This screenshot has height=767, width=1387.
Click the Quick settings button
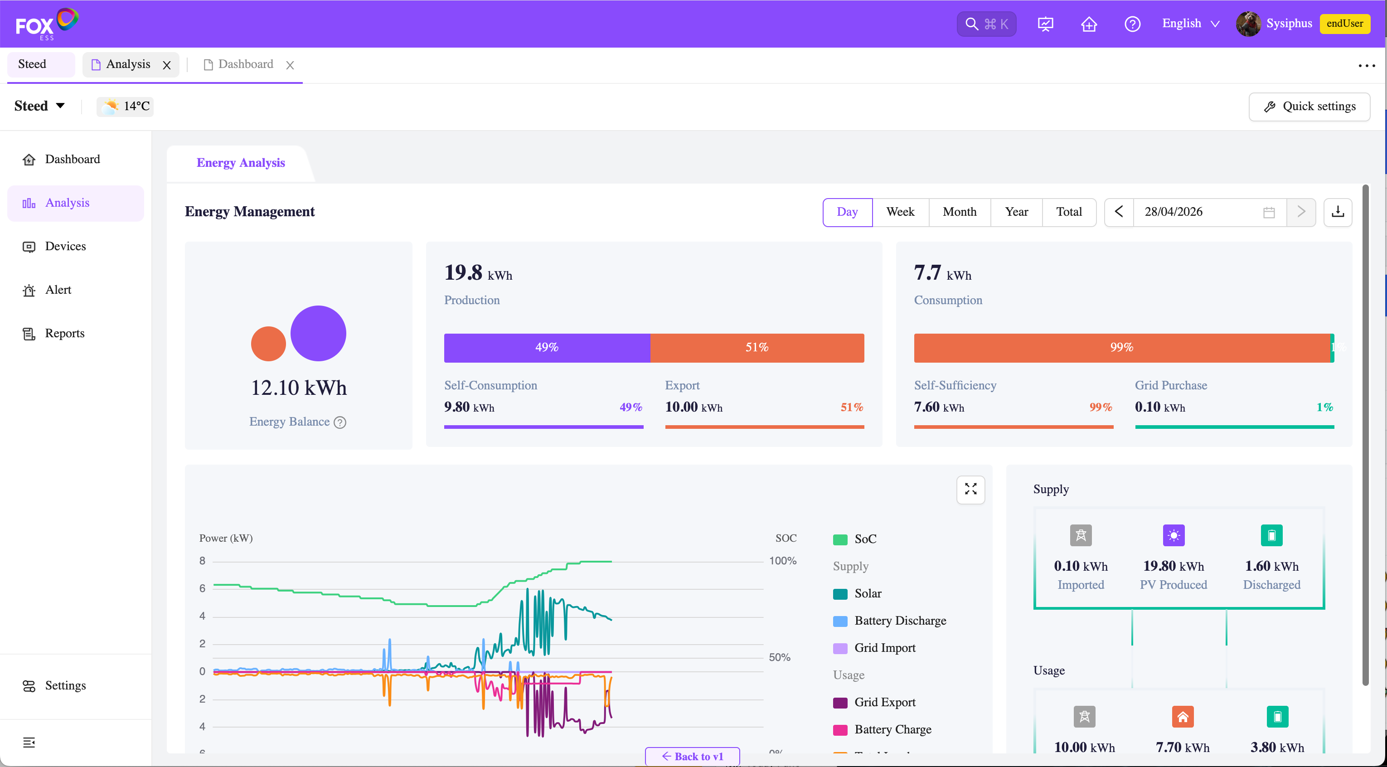tap(1309, 107)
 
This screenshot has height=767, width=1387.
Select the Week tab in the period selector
tap(900, 212)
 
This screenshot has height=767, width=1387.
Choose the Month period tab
tap(960, 212)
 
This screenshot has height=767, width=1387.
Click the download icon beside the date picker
tap(1338, 212)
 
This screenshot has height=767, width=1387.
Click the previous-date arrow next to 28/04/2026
tap(1119, 212)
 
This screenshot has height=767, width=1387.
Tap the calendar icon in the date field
tap(1269, 213)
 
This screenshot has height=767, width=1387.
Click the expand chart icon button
tap(970, 490)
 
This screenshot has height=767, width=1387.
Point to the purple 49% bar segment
tap(547, 347)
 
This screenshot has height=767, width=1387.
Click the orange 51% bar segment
tap(757, 347)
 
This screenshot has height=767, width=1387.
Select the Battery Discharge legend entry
tap(889, 621)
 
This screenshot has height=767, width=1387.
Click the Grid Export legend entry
tap(874, 702)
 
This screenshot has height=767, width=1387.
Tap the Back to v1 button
tap(693, 756)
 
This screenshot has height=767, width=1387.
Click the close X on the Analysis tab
tap(167, 65)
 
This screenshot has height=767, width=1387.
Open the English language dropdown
tap(1190, 24)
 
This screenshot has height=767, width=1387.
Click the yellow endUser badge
tap(1344, 24)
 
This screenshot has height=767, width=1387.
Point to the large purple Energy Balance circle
tap(318, 333)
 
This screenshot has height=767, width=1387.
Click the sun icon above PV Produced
tap(1174, 535)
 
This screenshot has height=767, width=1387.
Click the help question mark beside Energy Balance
tap(340, 422)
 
